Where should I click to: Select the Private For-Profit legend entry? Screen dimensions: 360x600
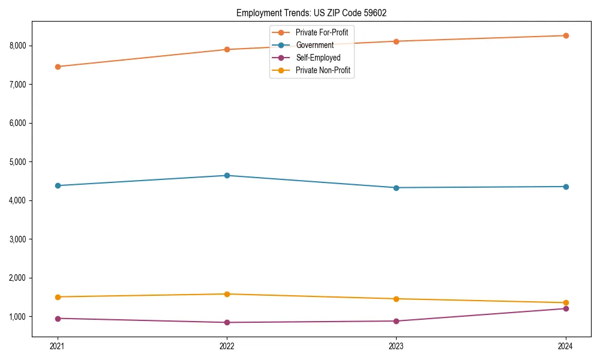click(x=322, y=32)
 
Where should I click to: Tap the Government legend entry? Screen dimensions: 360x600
click(x=314, y=45)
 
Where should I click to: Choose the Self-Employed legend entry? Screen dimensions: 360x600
click(x=318, y=58)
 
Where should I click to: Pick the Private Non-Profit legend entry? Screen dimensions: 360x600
click(x=323, y=71)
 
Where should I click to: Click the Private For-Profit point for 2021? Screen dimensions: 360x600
click(x=58, y=67)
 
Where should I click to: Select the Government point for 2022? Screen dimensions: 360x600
click(x=227, y=176)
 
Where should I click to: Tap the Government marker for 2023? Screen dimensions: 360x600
click(x=396, y=188)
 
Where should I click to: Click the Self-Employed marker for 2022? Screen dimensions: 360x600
click(x=227, y=322)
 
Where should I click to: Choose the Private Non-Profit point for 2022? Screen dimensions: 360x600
click(x=227, y=294)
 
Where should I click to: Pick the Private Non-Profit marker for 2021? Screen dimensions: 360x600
click(x=58, y=297)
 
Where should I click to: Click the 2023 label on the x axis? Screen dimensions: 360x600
click(x=396, y=346)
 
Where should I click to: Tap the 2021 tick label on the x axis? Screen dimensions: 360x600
click(x=58, y=346)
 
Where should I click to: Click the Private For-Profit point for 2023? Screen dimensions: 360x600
click(x=396, y=41)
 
